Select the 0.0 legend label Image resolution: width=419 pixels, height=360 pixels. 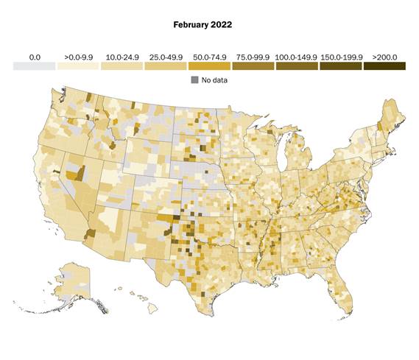[x=34, y=56]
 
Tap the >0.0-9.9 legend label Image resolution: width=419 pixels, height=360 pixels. [x=78, y=56]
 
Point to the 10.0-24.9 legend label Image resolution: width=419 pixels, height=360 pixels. [x=122, y=56]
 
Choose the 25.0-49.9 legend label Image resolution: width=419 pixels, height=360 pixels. [x=166, y=56]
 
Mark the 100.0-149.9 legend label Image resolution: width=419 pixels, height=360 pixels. [x=297, y=56]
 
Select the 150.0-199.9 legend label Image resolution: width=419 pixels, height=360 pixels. [x=341, y=56]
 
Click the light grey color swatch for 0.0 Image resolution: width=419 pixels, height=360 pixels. [x=34, y=66]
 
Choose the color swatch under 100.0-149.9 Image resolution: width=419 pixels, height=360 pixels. [x=297, y=66]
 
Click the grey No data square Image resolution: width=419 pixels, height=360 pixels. [x=195, y=80]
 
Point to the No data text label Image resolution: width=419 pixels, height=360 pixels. [x=215, y=80]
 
